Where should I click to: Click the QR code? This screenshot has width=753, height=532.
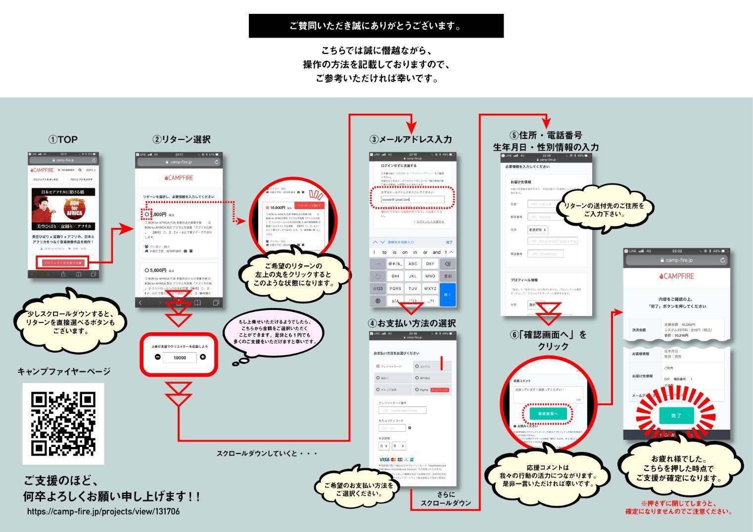[63, 423]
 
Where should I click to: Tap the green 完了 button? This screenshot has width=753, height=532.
[676, 416]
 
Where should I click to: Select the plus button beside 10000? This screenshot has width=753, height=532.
[203, 357]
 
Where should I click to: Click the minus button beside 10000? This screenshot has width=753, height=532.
[157, 357]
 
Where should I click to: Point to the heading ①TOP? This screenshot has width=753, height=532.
[63, 139]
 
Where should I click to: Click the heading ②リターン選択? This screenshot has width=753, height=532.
[181, 139]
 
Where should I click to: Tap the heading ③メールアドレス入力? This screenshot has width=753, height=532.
[410, 139]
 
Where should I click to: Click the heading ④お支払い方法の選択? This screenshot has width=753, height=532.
[412, 323]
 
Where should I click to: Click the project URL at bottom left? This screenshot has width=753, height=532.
[103, 511]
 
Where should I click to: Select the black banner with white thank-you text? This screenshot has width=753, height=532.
[376, 26]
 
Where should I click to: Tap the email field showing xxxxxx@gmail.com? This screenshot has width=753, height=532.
[413, 200]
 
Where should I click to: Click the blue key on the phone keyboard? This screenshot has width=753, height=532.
[448, 295]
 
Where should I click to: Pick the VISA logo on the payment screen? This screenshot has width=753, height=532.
[384, 460]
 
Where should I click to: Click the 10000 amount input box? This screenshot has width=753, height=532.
[180, 357]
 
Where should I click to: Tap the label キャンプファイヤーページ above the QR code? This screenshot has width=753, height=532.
[64, 371]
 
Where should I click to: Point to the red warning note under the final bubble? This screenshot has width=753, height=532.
[678, 507]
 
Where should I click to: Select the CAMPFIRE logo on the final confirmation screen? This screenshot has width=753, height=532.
[676, 276]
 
